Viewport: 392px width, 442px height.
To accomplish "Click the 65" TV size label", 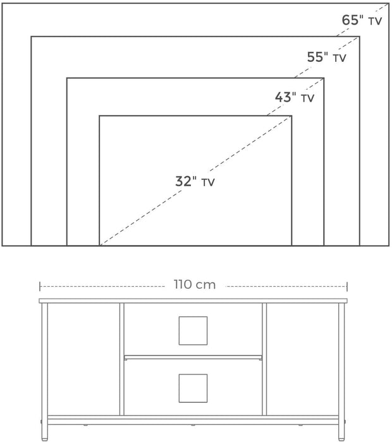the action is point(362,20).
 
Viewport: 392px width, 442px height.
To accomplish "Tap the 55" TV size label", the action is point(326,57).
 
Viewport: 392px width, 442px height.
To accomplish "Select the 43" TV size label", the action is point(295,97).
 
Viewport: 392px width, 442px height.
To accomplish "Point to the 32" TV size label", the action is point(195,181).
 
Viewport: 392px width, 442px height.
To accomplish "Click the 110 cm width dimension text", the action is point(195,285).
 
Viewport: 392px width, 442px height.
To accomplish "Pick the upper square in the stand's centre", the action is point(193,331).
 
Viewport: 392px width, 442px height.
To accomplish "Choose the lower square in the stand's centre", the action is point(193,388).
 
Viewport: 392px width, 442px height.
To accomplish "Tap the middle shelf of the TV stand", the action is point(193,358).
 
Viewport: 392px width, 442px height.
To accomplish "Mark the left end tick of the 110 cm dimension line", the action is point(40,287).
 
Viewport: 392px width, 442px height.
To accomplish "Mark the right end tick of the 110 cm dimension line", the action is point(347,287).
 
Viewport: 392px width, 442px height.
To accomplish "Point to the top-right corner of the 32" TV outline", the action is point(291,116).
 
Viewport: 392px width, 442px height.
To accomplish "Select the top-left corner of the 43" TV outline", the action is point(67,78).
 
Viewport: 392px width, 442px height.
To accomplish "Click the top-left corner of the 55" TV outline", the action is point(31,37).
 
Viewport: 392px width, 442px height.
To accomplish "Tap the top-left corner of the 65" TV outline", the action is point(3,3).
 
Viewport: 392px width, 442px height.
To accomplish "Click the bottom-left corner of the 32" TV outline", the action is point(99,246).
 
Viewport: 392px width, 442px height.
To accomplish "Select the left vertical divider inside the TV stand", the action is point(121,359).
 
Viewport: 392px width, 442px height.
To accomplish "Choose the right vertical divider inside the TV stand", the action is point(264,359).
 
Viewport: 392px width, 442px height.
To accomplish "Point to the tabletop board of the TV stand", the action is point(193,301).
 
